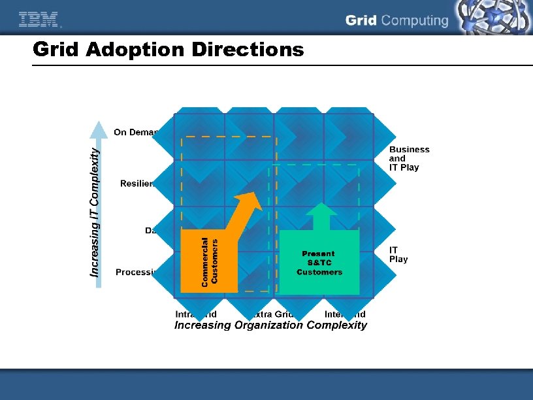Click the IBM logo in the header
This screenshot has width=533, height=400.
pos(39,20)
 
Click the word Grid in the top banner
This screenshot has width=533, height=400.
pos(361,21)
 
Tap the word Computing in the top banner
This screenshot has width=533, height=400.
pos(415,21)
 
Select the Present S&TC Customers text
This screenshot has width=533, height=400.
pos(319,263)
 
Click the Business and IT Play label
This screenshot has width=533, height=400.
pos(409,158)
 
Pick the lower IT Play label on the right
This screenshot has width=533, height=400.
pos(398,254)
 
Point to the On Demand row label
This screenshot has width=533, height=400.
pos(135,133)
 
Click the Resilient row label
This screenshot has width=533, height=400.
pos(137,184)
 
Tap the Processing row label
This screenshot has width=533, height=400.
pos(134,272)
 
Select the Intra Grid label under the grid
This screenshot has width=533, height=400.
pos(195,314)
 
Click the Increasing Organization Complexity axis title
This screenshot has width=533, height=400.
pos(270,325)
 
